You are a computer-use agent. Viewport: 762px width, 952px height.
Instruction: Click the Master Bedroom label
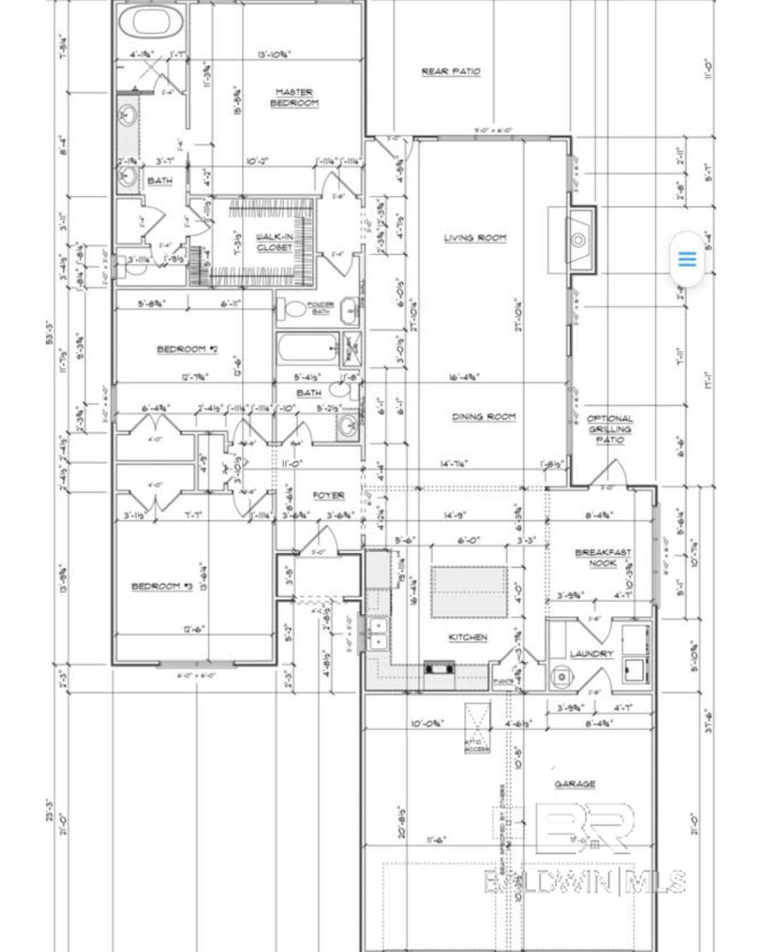[294, 97]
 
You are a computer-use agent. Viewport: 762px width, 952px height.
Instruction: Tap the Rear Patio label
[451, 71]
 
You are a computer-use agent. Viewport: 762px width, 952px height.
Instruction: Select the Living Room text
[475, 238]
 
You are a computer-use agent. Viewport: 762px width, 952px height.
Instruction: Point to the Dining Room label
[483, 417]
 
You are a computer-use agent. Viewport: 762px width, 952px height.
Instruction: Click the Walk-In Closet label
[274, 242]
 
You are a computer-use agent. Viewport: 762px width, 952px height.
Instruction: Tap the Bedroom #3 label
[162, 586]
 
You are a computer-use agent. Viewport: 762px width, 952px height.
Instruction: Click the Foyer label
[328, 496]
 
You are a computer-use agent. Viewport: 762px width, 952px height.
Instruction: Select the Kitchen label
[468, 637]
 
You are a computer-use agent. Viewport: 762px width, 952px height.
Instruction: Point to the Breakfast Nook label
[603, 557]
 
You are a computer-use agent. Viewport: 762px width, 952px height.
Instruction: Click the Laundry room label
[591, 654]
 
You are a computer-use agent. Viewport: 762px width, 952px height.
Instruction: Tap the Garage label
[574, 783]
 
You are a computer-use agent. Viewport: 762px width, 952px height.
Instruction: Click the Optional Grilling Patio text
[610, 429]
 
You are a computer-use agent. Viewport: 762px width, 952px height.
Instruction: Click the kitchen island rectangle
[468, 591]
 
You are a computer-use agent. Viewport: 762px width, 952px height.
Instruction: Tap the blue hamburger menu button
[687, 259]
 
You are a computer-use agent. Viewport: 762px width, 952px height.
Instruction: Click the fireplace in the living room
[579, 240]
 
